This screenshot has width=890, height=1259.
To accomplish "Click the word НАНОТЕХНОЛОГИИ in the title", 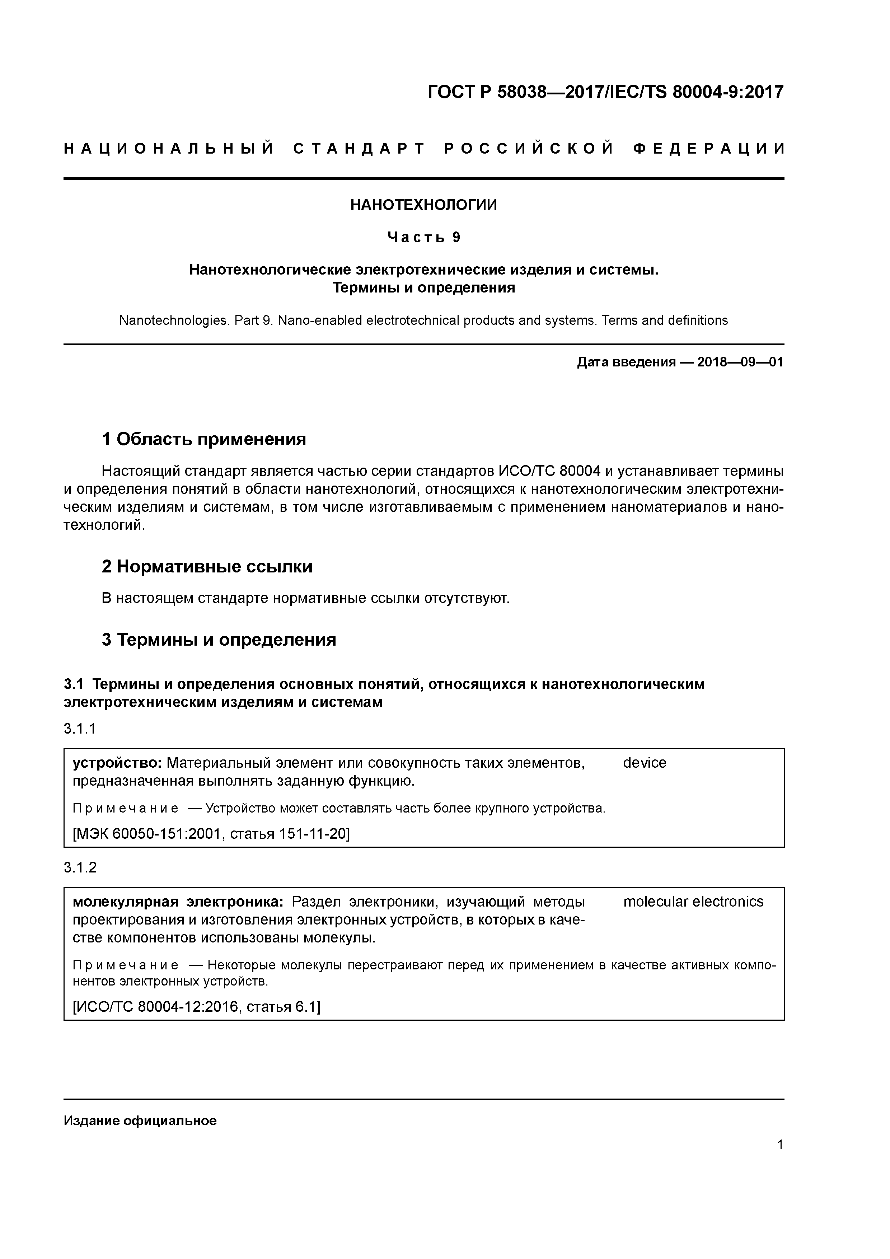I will (x=423, y=205).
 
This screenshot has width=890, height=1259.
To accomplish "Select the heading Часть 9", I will (x=423, y=238).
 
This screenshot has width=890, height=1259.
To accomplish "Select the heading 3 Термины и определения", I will (x=219, y=640).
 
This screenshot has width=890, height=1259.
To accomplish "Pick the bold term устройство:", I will (x=117, y=763).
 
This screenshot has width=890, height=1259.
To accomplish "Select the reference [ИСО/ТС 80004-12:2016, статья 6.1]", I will (x=196, y=1007).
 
